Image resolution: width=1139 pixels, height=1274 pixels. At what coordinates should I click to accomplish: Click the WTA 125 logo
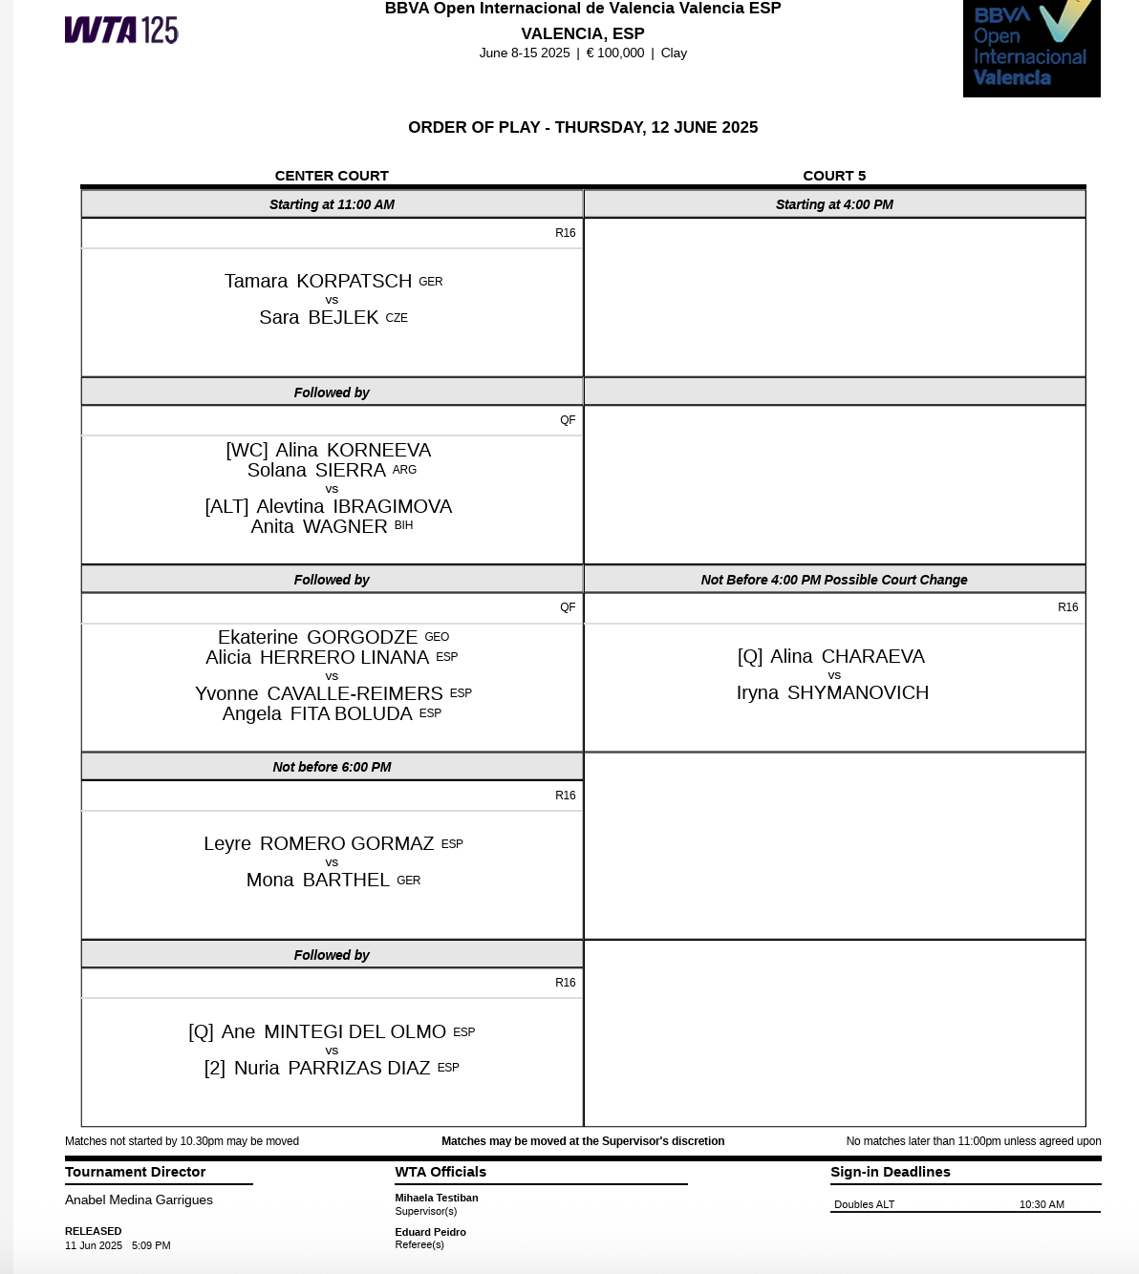tap(121, 31)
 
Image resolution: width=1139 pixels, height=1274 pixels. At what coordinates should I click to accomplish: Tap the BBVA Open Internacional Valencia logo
tap(1031, 48)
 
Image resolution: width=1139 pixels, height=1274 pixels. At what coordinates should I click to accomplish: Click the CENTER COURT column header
tap(332, 176)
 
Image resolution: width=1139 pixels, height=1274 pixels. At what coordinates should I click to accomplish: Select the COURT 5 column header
tap(834, 176)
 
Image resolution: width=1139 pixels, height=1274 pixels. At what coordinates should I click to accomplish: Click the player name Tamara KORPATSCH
tap(318, 281)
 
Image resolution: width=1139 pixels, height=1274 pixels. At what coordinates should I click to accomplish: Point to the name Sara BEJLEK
tap(319, 317)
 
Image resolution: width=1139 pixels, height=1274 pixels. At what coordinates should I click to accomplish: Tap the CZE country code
tap(397, 318)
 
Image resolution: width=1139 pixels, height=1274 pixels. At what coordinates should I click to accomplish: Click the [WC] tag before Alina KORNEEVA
tap(247, 450)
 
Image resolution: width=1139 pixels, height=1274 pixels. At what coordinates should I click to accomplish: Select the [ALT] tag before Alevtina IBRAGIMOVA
tap(226, 506)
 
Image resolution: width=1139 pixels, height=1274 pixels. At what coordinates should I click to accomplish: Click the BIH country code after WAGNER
tap(403, 525)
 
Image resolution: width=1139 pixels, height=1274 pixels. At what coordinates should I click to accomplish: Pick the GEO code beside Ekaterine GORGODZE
tap(437, 637)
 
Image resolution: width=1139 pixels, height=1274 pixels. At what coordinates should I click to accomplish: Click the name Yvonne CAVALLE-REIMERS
tap(319, 693)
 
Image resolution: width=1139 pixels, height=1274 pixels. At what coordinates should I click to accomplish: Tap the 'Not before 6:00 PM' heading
tap(332, 767)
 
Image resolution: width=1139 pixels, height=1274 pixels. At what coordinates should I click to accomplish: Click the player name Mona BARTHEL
tap(318, 880)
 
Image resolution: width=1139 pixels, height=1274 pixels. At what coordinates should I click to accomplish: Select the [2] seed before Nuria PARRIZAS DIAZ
tap(215, 1068)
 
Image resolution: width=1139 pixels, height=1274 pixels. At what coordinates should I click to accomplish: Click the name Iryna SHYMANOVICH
tap(832, 692)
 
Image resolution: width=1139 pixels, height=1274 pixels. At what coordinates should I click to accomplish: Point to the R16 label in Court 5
tap(1067, 607)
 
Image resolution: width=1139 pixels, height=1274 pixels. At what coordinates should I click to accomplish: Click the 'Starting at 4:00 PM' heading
tap(834, 204)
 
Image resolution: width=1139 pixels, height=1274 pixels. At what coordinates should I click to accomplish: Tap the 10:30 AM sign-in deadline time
tap(1042, 1204)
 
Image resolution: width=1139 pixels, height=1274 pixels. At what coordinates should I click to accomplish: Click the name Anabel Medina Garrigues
tap(139, 1200)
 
